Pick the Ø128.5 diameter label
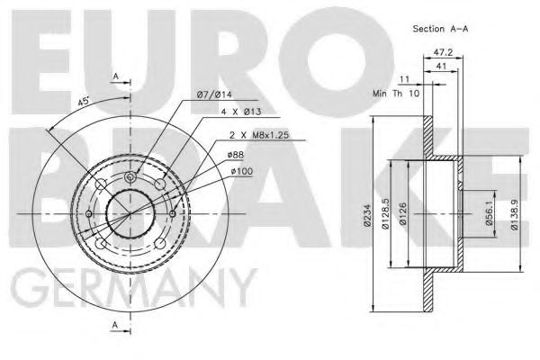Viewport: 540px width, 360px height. click(x=385, y=213)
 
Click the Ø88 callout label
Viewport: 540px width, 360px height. click(x=239, y=155)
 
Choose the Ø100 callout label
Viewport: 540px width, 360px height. click(x=243, y=170)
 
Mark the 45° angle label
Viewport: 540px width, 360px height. click(x=84, y=102)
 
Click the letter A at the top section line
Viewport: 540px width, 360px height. click(x=115, y=76)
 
